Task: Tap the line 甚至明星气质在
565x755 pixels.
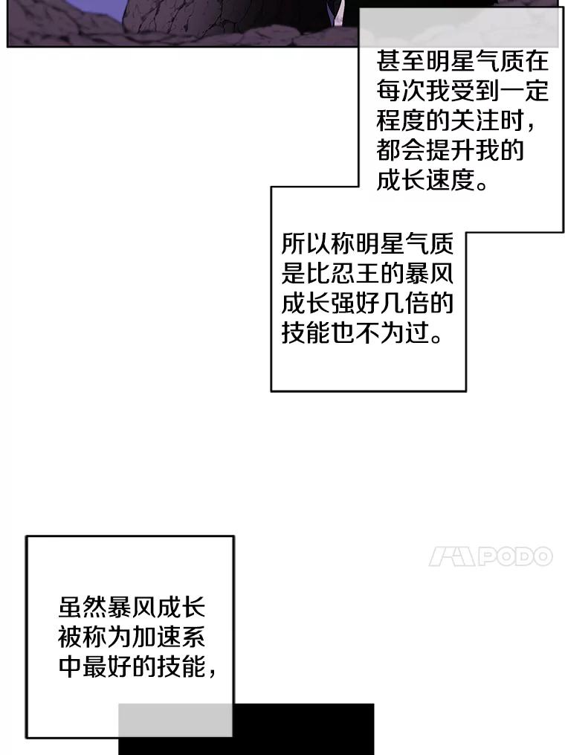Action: click(x=462, y=61)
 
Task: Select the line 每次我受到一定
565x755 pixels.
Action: click(x=462, y=91)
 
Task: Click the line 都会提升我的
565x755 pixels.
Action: click(x=451, y=150)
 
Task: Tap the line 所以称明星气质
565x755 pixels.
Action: click(x=367, y=244)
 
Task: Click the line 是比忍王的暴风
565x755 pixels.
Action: click(x=367, y=274)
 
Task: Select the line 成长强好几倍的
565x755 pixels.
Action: click(x=367, y=303)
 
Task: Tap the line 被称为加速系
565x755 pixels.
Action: click(x=131, y=637)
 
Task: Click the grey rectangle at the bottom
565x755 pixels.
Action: click(x=175, y=719)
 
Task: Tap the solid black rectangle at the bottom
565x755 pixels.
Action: click(x=305, y=729)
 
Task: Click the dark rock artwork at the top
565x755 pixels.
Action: click(x=186, y=22)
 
